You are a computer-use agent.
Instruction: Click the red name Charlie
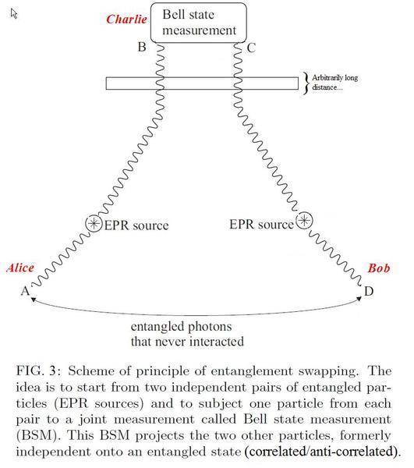pos(126,19)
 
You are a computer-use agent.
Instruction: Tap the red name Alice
pos(20,268)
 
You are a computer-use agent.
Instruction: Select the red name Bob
pos(379,268)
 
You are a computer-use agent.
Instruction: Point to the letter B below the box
pos(142,47)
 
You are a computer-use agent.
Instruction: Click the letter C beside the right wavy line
pos(252,48)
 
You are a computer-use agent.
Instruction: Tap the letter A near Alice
pos(26,291)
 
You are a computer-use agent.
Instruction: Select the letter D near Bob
pos(369,291)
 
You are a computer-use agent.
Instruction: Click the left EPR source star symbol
pos(94,223)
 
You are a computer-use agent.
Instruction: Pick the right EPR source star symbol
pos(304,221)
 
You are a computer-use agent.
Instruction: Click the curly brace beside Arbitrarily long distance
pos(306,83)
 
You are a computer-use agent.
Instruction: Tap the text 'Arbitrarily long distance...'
pos(334,83)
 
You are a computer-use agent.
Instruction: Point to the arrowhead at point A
pos(34,300)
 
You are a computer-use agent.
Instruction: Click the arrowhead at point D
pos(359,299)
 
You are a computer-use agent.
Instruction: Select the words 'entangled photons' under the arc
pos(182,327)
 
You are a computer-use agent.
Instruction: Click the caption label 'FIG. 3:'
pos(38,371)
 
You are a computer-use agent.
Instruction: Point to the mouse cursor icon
pos(14,13)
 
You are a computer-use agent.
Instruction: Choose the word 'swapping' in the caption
pos(327,371)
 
